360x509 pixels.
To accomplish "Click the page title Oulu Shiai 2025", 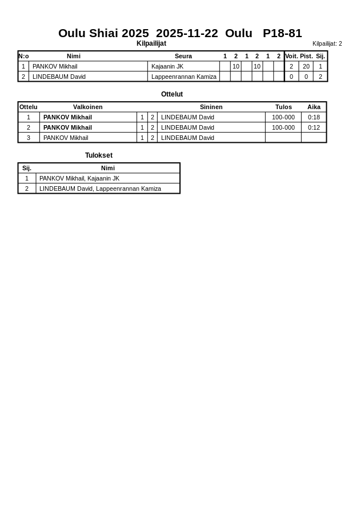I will coord(103,33).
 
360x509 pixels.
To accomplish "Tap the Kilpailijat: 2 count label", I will coord(327,43).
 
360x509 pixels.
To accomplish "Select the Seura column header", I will coord(183,56).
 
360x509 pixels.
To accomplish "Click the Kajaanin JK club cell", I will coord(167,66).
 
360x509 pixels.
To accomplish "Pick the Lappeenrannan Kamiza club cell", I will coord(183,77).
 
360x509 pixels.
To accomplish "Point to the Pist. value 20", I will coord(306,66).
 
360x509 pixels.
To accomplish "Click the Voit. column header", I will coord(291,56).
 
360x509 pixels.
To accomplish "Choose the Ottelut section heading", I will coord(172,94).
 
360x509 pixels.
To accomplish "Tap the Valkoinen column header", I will coord(87,107).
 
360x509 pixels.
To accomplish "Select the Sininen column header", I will coord(211,107).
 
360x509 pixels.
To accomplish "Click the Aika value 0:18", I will coord(314,117).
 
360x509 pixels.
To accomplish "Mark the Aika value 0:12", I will coord(314,127).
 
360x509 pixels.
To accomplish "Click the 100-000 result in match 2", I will coord(283,127).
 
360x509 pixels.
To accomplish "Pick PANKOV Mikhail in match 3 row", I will coord(66,138).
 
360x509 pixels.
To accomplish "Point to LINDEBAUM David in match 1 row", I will coord(187,117).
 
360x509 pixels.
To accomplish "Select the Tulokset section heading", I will coord(99,155).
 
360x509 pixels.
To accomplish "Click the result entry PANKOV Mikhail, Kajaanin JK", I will coord(79,178).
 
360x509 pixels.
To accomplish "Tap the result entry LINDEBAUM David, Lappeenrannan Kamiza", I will coord(100,189).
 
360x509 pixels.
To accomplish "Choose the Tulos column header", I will coord(283,107).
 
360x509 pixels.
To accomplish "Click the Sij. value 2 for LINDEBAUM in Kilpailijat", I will coord(320,77).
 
